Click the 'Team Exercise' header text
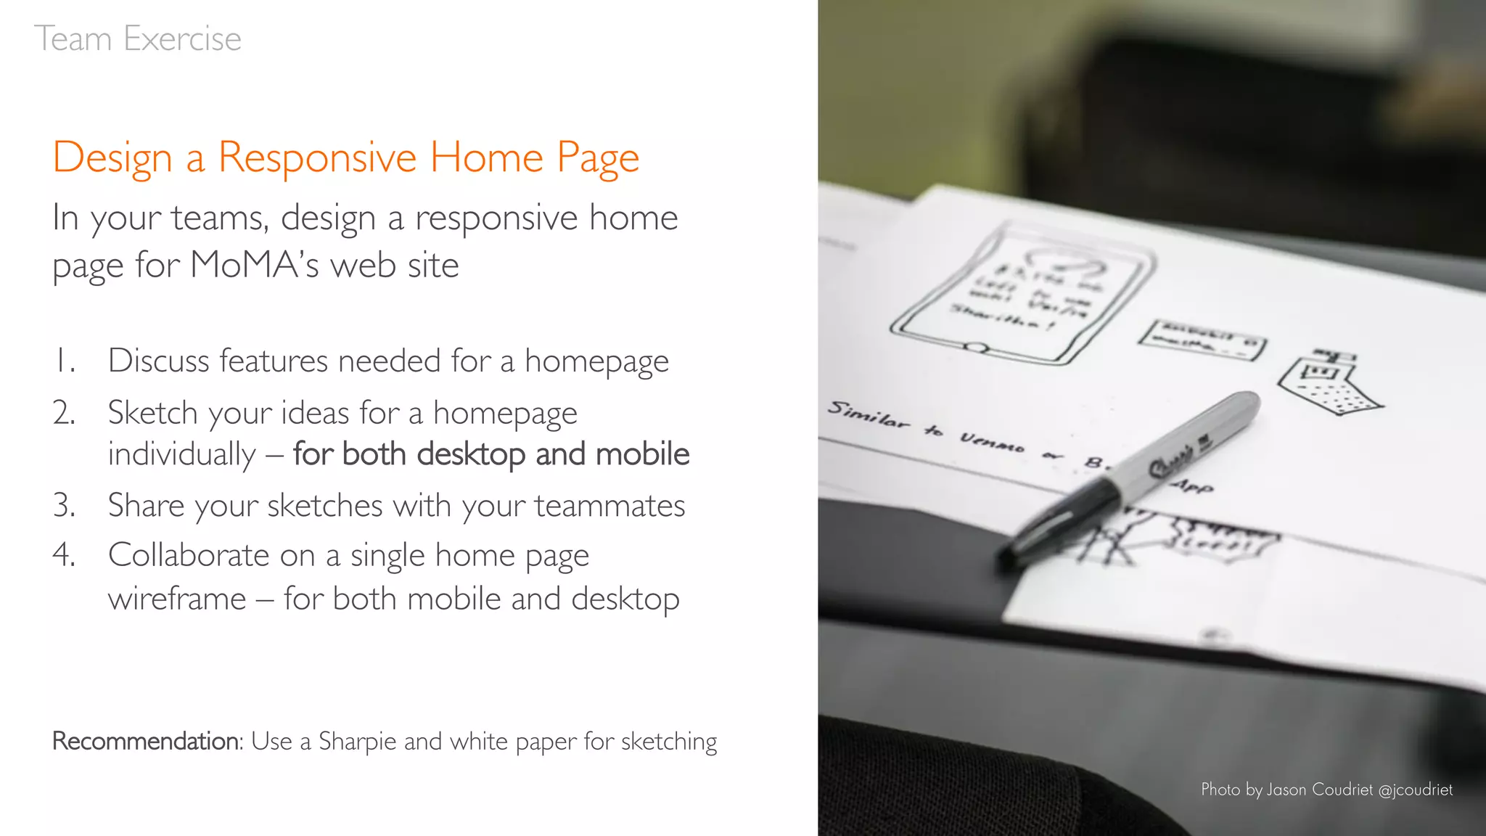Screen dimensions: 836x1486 [138, 38]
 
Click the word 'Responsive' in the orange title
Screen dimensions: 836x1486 [317, 157]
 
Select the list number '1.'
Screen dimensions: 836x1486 [65, 361]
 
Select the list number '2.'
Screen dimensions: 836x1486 [64, 413]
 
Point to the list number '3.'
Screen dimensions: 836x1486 [64, 506]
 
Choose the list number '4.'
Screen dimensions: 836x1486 [64, 555]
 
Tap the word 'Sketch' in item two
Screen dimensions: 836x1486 [152, 413]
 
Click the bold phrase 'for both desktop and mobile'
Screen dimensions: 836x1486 [491, 454]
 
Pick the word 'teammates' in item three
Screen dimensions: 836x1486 [609, 506]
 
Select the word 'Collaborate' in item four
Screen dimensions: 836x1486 [189, 555]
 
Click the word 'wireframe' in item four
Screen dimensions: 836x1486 [177, 599]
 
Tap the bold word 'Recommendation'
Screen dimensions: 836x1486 [146, 741]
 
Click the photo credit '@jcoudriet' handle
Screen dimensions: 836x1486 [1415, 790]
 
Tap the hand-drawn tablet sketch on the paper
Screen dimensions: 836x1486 [1023, 294]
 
